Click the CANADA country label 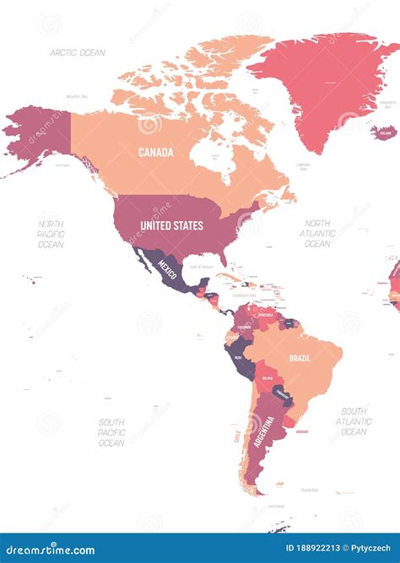point(156,153)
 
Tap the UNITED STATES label point(171,225)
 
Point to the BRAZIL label point(300,358)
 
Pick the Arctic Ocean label point(78,52)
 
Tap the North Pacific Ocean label point(50,234)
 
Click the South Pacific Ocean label point(111,432)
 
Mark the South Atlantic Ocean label point(354,421)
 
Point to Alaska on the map point(38,135)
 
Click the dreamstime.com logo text point(50,549)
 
